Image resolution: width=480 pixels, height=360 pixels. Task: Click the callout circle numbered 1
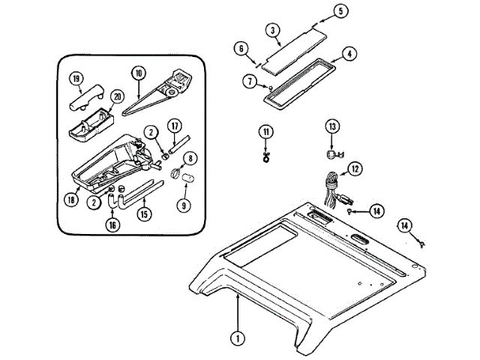238,338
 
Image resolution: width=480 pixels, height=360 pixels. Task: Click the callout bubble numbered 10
139,73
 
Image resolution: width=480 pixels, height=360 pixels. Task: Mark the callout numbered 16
113,224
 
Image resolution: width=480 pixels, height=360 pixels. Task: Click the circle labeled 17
173,126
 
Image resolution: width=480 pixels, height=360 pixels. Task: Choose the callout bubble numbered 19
76,79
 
